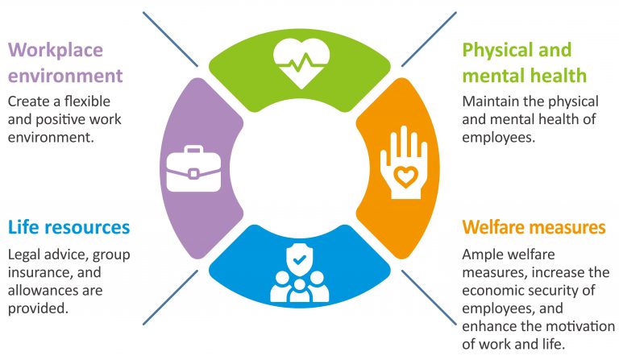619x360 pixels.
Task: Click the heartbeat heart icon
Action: [x=301, y=63]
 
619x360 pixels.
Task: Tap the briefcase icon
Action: [x=193, y=169]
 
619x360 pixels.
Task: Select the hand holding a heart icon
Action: [x=404, y=163]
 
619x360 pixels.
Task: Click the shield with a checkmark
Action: [x=300, y=259]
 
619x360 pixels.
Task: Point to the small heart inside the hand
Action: [x=405, y=176]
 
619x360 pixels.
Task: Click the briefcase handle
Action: [x=193, y=150]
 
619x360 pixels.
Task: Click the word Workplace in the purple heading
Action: [x=56, y=51]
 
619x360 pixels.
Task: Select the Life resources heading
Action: [x=69, y=227]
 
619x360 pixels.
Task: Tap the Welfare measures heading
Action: [x=534, y=227]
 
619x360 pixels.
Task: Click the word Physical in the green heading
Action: [x=499, y=51]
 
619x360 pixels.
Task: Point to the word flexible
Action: [x=87, y=101]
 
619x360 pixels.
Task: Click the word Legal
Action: [x=24, y=255]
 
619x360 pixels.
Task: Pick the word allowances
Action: [x=39, y=291]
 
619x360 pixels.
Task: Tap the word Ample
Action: [x=482, y=255]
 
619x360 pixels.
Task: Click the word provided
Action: [x=38, y=308]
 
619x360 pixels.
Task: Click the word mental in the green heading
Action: [x=488, y=76]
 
